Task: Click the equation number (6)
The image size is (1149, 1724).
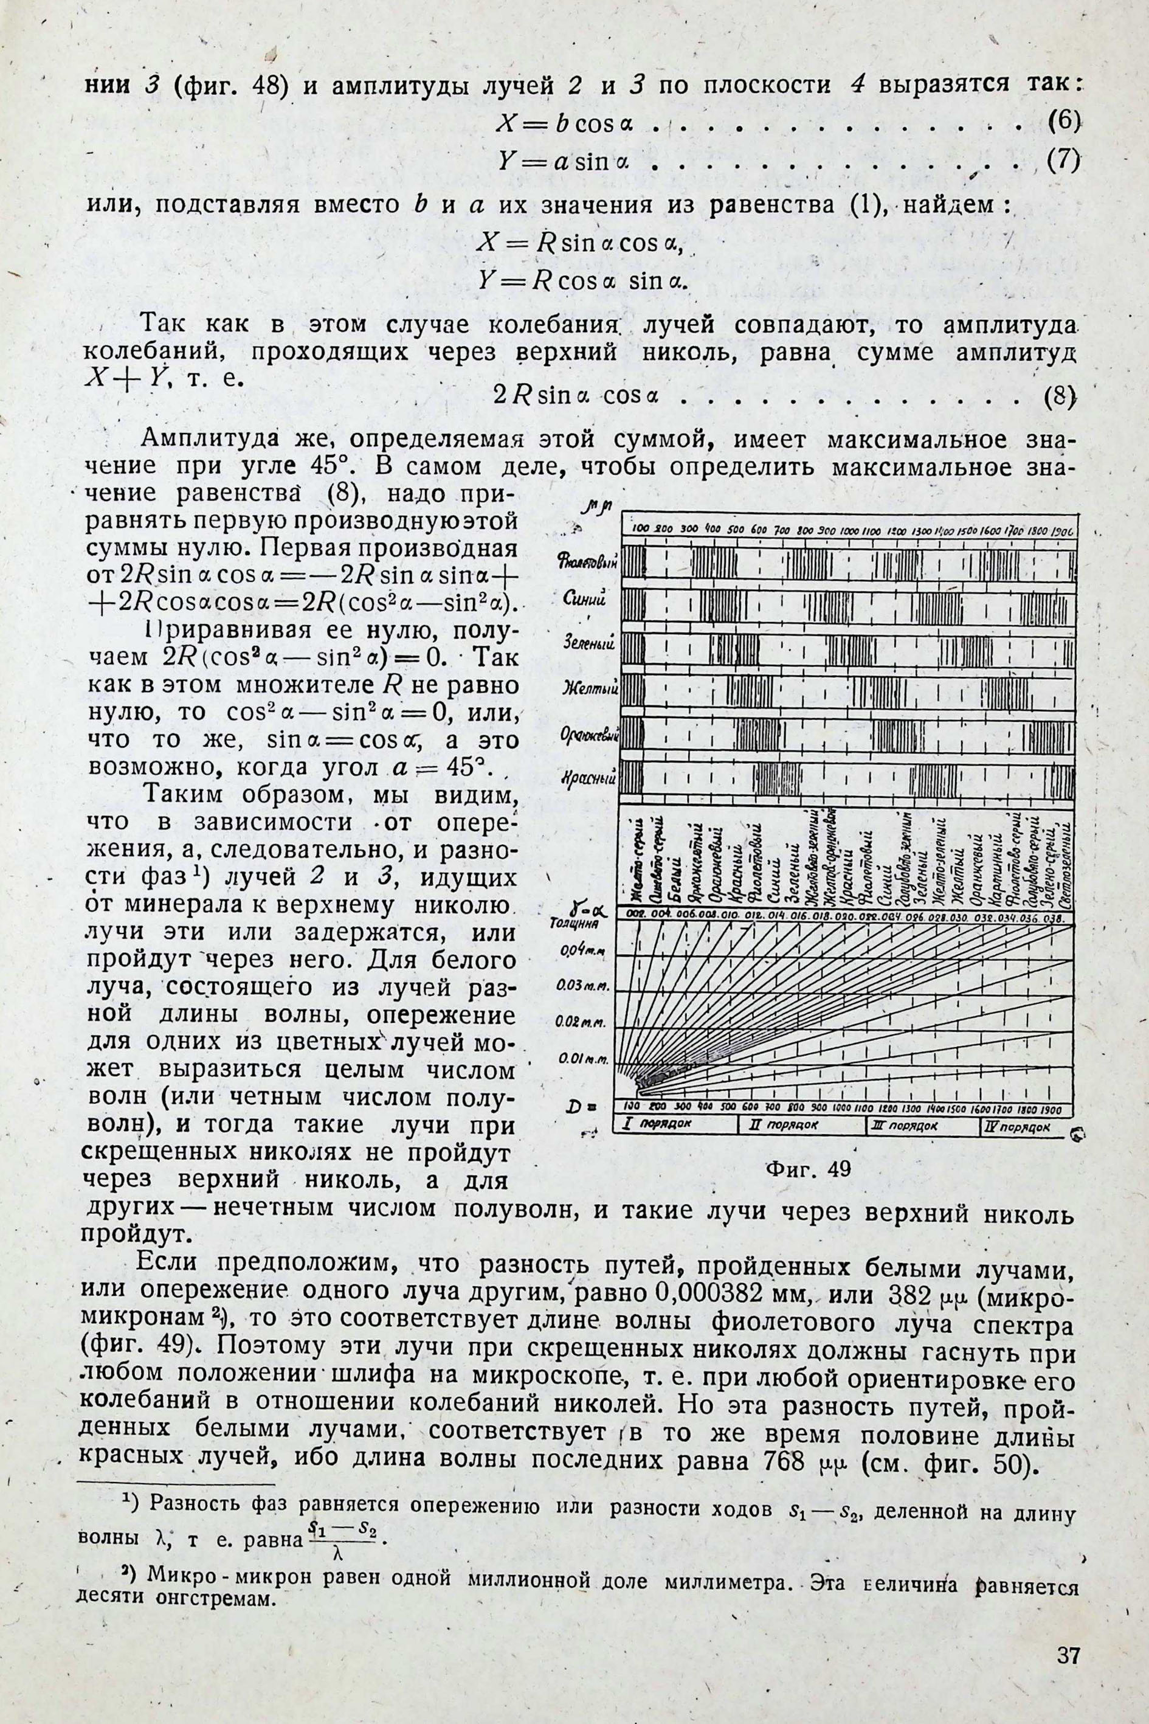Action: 1064,122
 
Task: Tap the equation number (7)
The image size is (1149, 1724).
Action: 1064,161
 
